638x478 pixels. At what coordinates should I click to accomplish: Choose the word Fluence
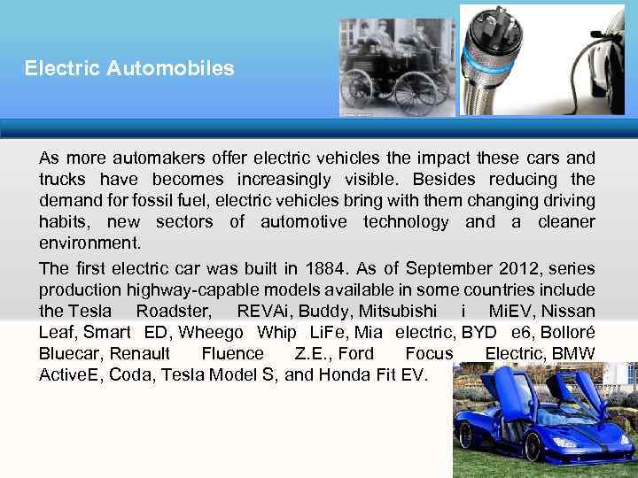tap(232, 353)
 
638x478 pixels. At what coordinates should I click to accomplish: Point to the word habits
tap(63, 221)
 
